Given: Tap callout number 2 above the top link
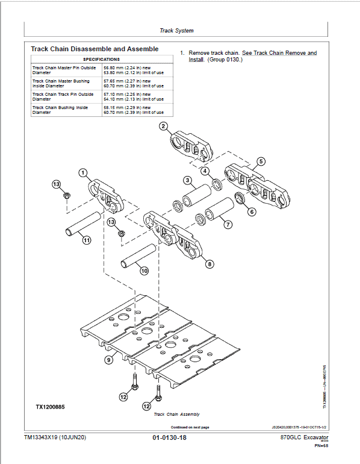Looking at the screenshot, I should [x=163, y=126].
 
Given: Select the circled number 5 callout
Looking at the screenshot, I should [x=260, y=161].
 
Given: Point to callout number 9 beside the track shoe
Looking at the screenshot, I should [x=108, y=360].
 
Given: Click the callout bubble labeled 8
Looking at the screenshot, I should [x=209, y=263].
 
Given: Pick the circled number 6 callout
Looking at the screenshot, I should [x=252, y=212].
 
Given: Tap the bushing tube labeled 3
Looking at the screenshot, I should [x=196, y=196].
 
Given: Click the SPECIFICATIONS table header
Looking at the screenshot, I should [x=101, y=59].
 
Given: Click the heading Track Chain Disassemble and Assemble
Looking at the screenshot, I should [x=95, y=48].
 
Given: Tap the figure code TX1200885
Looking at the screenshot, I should [x=49, y=407].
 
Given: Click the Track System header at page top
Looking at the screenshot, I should [x=176, y=30].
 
